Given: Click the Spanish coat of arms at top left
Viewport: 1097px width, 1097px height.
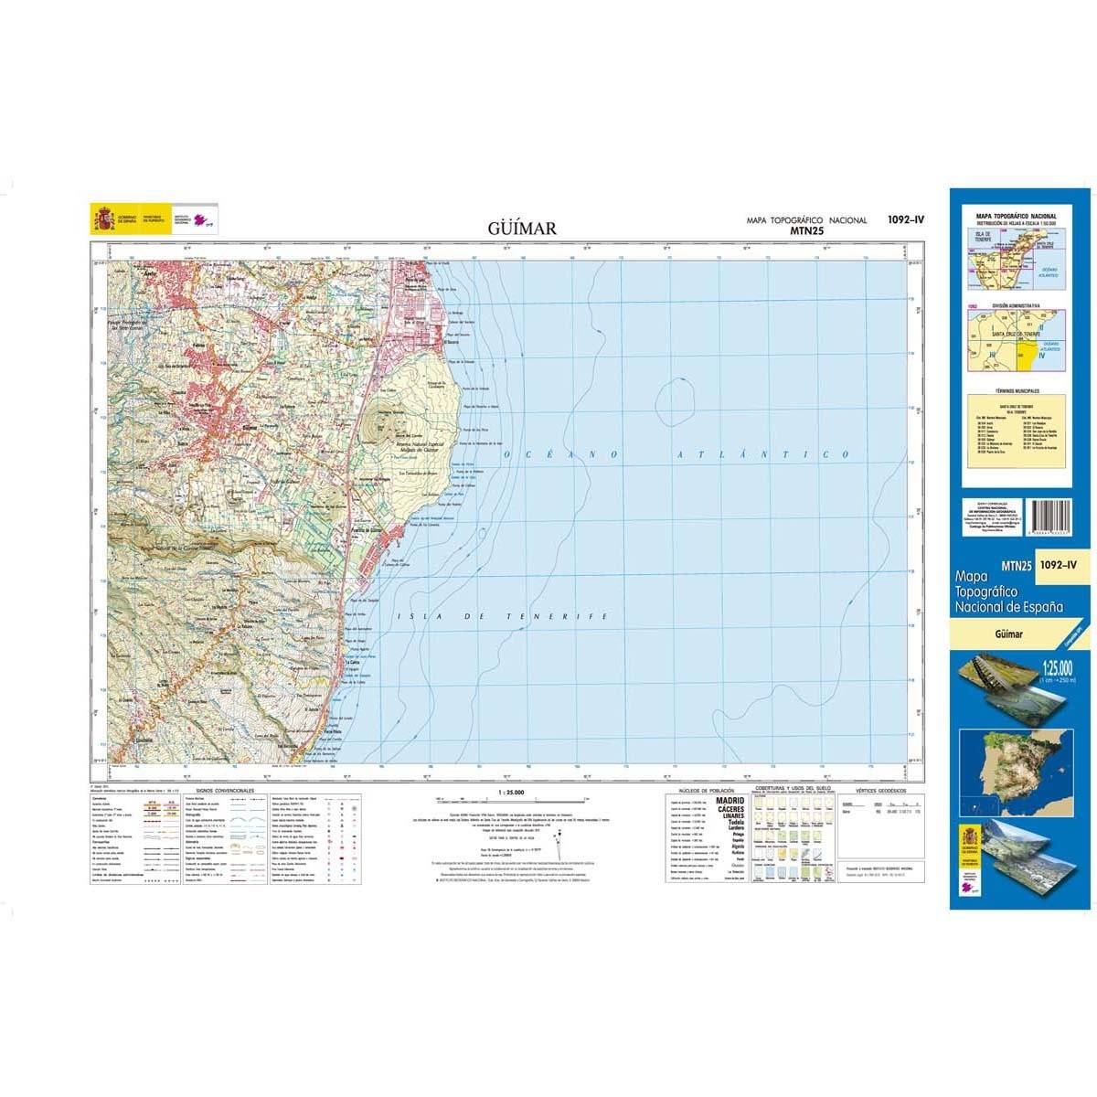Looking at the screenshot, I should (x=101, y=219).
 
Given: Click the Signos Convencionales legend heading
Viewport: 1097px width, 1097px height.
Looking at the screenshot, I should (x=225, y=790).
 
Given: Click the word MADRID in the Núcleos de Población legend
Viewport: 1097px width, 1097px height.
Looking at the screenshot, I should (x=730, y=801).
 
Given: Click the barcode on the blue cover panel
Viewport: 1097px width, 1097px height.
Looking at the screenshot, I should (x=1044, y=522).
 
